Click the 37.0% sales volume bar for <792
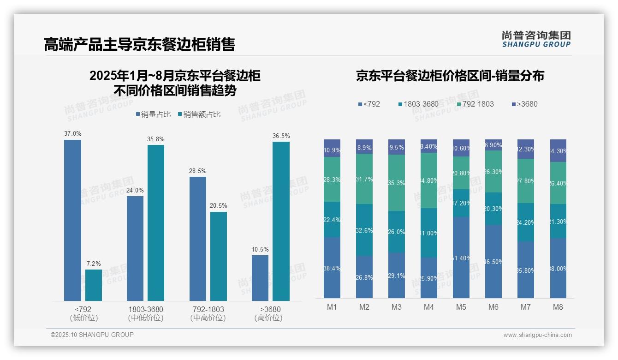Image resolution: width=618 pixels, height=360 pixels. (x=72, y=220)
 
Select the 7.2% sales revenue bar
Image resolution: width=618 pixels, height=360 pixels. (x=94, y=285)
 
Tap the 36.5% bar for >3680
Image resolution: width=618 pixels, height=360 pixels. (x=281, y=221)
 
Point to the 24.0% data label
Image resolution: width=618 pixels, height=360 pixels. (x=135, y=190)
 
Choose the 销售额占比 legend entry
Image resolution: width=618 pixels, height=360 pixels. (x=199, y=114)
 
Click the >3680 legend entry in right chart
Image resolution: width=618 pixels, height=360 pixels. (x=524, y=104)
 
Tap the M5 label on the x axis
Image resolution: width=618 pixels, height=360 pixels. (x=461, y=307)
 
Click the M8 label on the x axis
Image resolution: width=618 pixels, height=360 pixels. (x=558, y=307)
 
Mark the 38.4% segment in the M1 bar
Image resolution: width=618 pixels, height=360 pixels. (x=332, y=268)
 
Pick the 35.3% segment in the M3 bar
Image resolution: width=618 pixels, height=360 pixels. (x=397, y=183)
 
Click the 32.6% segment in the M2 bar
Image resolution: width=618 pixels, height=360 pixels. (x=364, y=230)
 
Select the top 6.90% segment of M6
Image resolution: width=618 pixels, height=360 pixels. (x=493, y=145)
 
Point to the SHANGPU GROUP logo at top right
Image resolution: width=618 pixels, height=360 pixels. (x=536, y=39)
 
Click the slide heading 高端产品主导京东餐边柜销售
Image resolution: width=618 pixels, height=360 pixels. (x=139, y=44)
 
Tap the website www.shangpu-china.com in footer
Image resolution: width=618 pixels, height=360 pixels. (x=537, y=335)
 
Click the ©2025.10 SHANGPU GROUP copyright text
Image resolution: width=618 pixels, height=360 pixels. (x=92, y=335)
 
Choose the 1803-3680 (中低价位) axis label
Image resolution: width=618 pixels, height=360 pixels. (x=146, y=313)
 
